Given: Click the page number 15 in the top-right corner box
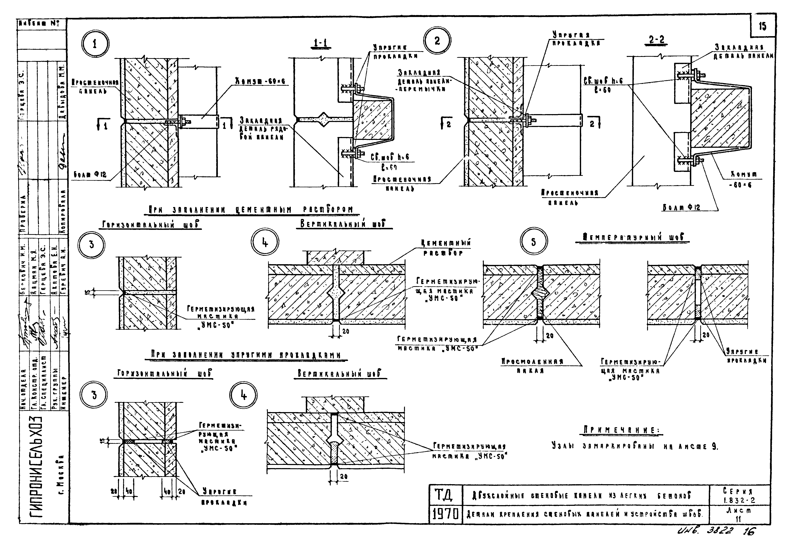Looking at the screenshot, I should [762, 26].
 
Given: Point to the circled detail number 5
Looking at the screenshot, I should [533, 242].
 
